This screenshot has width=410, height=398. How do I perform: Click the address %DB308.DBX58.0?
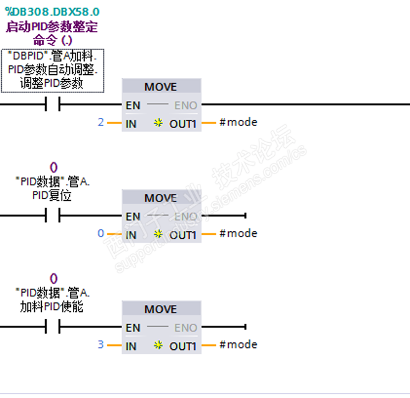click(52, 12)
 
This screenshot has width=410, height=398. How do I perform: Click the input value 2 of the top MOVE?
click(101, 122)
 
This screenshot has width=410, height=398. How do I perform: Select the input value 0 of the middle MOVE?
click(101, 233)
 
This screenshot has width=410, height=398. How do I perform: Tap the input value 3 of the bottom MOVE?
click(101, 344)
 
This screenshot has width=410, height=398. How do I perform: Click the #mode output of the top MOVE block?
click(238, 122)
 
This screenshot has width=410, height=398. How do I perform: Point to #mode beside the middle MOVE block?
click(238, 233)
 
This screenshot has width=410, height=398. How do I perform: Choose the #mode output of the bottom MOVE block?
click(238, 344)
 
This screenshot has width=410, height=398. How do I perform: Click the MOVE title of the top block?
click(161, 87)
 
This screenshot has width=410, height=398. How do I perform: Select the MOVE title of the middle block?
click(161, 198)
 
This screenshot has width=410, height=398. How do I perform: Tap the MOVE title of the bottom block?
click(161, 309)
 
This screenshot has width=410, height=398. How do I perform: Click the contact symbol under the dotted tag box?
click(52, 104)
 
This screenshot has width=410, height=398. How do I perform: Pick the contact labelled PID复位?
click(52, 215)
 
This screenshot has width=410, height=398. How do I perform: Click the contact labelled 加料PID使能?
click(52, 326)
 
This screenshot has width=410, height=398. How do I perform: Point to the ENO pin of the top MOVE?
click(186, 105)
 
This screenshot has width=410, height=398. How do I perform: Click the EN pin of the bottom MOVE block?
click(133, 328)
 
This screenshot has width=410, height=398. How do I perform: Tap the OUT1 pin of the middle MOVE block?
click(183, 235)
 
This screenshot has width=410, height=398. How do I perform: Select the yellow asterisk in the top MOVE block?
click(158, 122)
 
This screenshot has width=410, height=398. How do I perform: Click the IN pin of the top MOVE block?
click(131, 124)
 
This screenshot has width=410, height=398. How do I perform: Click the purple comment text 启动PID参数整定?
click(52, 27)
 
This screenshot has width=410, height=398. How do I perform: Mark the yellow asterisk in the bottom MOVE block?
click(158, 345)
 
